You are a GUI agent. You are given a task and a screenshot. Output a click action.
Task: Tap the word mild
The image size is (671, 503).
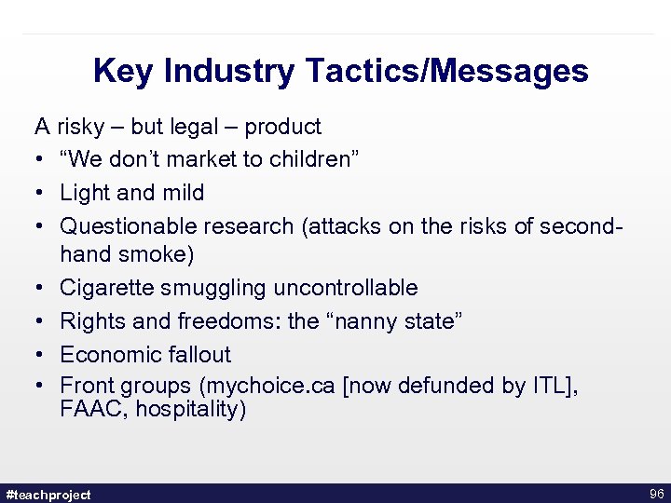pyautogui.click(x=182, y=193)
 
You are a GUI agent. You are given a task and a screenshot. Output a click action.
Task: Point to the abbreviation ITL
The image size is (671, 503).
pyautogui.click(x=549, y=387)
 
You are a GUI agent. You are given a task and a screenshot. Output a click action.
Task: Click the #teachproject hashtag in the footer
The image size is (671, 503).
pyautogui.click(x=48, y=495)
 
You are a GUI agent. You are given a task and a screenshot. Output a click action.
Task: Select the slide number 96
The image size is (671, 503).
pyautogui.click(x=654, y=494)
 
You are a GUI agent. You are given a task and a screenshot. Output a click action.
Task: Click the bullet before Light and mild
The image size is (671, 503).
pyautogui.click(x=40, y=194)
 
